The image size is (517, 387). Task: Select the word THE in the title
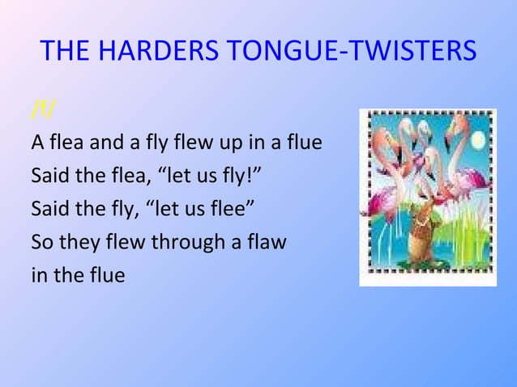tap(66, 52)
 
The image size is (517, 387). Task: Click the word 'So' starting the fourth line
tap(41, 242)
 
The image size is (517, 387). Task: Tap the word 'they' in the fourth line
tap(79, 242)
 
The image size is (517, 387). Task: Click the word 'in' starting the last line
tap(38, 275)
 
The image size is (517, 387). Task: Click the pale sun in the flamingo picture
tap(477, 140)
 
